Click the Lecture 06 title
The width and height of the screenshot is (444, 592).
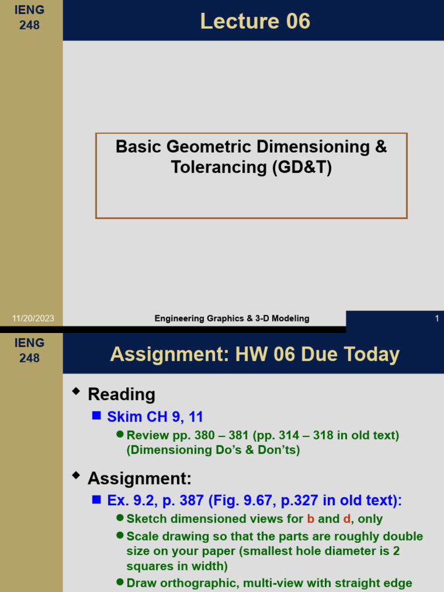coord(255,21)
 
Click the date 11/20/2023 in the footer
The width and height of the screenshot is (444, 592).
coord(33,319)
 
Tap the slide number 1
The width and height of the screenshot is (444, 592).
coord(437,319)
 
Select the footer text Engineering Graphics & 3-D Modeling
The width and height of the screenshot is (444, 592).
coord(232,319)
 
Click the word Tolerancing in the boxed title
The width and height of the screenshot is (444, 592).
coord(217,167)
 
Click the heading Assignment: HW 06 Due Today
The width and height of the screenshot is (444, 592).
coord(254,354)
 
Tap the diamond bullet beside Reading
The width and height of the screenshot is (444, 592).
coord(76,393)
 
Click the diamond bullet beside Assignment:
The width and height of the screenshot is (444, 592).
coord(76,476)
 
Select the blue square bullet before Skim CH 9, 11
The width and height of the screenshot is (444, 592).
coord(97,415)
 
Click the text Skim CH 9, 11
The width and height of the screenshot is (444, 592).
coord(155,417)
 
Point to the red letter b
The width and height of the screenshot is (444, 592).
coord(310,519)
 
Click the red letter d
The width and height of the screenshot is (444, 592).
coord(347,519)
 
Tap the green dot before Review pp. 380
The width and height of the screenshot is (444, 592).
coord(120,434)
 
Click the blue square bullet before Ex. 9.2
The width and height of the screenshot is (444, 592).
coord(97,499)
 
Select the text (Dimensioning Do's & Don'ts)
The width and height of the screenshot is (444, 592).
coord(213,450)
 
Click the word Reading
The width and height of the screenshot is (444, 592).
coord(121,395)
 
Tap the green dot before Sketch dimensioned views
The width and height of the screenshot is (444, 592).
coord(120,518)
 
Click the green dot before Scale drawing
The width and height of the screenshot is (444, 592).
coord(120,535)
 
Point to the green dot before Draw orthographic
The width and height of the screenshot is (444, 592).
coord(120,582)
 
